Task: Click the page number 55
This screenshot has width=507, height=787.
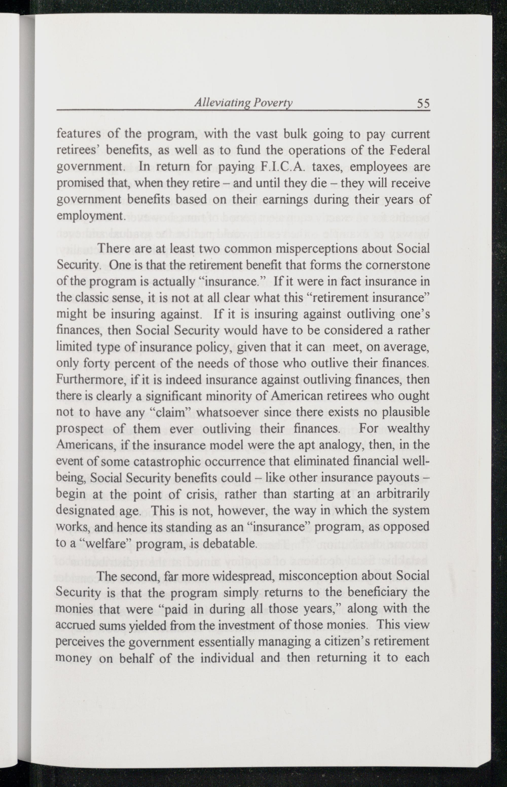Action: click(423, 104)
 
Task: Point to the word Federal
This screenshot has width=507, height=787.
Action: click(410, 150)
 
